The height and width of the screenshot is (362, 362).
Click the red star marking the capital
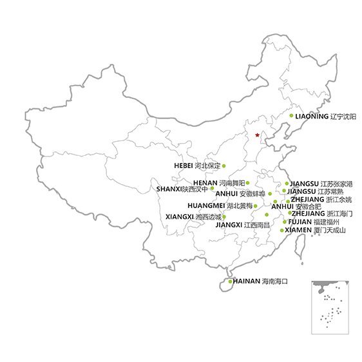tap(257, 135)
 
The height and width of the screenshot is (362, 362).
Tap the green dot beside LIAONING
tap(291, 115)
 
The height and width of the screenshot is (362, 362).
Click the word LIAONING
tap(312, 116)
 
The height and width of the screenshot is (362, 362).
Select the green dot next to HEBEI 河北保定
tap(224, 166)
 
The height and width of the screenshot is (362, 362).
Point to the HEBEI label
tap(184, 166)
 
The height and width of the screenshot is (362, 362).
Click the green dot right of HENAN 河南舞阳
tap(247, 183)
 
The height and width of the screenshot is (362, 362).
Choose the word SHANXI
tap(169, 189)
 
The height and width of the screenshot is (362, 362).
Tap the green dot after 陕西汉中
tap(212, 188)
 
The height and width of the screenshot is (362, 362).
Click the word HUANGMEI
tap(206, 205)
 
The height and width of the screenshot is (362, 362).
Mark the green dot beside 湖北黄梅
tap(255, 206)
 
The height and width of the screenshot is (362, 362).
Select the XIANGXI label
tap(180, 217)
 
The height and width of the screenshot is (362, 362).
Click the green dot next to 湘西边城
tap(224, 217)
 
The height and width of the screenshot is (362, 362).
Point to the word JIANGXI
tap(229, 225)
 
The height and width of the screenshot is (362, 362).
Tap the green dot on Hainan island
tap(230, 281)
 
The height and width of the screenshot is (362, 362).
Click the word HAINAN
tap(247, 281)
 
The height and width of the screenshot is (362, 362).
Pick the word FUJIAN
tap(300, 222)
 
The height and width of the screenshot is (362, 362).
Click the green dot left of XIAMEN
tap(281, 230)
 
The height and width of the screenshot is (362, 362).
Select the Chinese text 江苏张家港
tap(337, 184)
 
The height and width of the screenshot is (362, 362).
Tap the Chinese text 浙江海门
tap(339, 214)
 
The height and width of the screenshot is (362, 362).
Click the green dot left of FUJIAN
tap(285, 222)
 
